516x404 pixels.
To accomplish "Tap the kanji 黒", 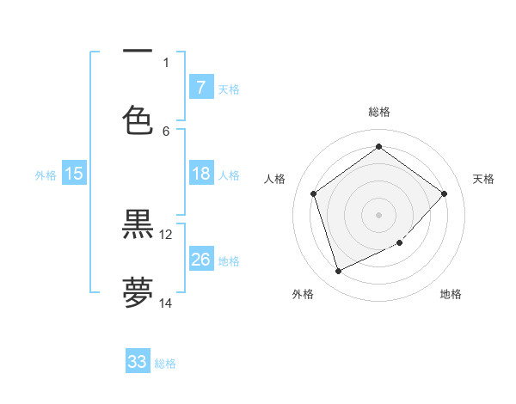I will point(138,224).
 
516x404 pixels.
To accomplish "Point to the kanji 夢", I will point(138,292).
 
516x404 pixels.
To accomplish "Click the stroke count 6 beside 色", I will point(166,131).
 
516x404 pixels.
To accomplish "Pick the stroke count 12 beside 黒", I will point(166,234).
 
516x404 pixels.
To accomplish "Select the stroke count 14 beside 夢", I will point(166,303).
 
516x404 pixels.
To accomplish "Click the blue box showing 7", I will point(200,87).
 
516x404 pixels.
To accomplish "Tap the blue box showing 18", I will point(200,174).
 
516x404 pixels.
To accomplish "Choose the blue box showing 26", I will point(200,259).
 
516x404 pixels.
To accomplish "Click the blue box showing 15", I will point(74,174).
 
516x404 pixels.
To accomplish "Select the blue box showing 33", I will point(138,362).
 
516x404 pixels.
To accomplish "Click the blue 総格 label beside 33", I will point(165,364).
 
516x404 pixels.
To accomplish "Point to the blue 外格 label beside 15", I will point(46,175).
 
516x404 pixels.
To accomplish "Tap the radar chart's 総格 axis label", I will point(378,112).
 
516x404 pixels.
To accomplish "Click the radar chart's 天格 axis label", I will point(483,179).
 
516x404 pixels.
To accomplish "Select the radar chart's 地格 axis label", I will point(451,294).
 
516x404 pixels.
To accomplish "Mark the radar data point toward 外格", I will point(338,272).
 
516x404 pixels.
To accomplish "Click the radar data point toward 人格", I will point(313,193).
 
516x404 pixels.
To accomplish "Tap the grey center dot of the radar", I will point(378,214).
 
